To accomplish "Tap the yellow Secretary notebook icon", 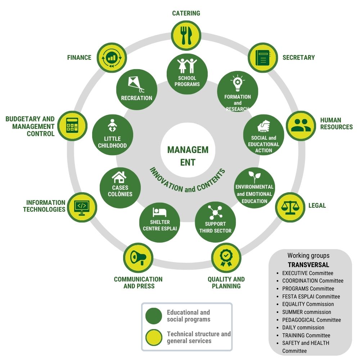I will pyautogui.click(x=262, y=58).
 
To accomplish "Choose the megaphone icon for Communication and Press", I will pyautogui.click(x=138, y=258).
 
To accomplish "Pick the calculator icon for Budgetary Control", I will pyautogui.click(x=72, y=126).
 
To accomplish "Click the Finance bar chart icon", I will pyautogui.click(x=111, y=58).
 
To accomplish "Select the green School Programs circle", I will pyautogui.click(x=187, y=74).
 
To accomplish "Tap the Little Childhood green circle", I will pyautogui.click(x=112, y=135).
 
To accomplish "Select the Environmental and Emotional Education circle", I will pyautogui.click(x=255, y=188).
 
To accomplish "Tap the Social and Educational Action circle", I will pyautogui.click(x=264, y=135).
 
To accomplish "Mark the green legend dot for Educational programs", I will pyautogui.click(x=154, y=316).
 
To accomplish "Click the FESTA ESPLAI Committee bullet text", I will pyautogui.click(x=311, y=297).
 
